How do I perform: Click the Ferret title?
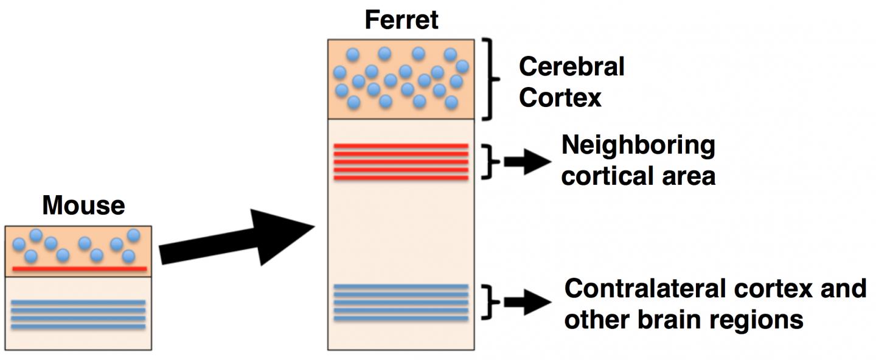pos(401,19)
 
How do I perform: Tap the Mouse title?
pos(83,206)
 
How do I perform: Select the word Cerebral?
pos(571,66)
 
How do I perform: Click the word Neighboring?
pos(638,146)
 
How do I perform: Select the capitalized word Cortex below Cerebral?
pos(560,98)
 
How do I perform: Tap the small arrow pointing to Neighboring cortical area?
pos(527,162)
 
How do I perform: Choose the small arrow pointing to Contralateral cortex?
pos(527,302)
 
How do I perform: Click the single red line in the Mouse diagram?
pos(79,268)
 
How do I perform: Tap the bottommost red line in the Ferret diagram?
pos(401,178)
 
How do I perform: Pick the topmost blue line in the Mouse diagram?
pos(78,302)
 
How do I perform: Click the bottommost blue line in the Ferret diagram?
pos(401,319)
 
